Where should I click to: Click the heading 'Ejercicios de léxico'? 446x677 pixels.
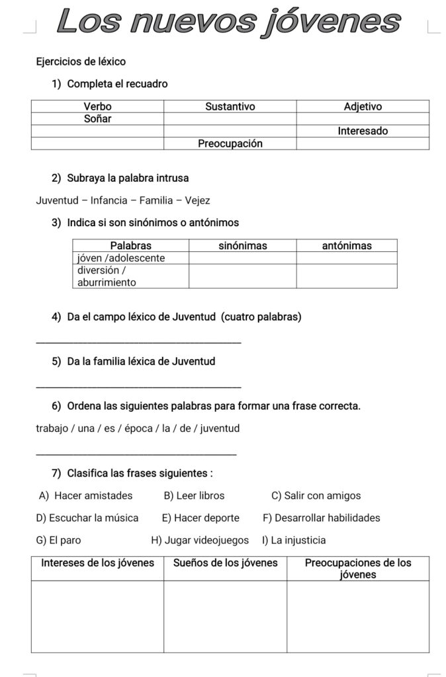(81, 61)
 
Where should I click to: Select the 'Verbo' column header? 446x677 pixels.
(97, 106)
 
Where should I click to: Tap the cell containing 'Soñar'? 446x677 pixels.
(97, 119)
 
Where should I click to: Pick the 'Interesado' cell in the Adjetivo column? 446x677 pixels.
(363, 131)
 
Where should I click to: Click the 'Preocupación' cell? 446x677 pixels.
(230, 143)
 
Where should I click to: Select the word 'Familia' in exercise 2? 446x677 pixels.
(156, 200)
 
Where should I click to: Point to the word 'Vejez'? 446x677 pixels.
(197, 200)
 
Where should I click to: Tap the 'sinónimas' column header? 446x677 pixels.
(242, 245)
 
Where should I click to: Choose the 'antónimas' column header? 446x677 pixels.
(347, 245)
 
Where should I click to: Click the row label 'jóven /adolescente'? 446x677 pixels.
(121, 258)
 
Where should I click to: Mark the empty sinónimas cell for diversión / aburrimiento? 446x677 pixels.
(242, 276)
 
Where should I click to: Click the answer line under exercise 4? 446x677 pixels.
(138, 342)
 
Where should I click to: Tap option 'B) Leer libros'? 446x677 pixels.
(194, 495)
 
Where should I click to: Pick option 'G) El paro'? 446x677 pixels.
(59, 540)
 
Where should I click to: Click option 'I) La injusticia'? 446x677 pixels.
(294, 540)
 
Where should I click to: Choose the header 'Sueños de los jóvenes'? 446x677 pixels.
(225, 563)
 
